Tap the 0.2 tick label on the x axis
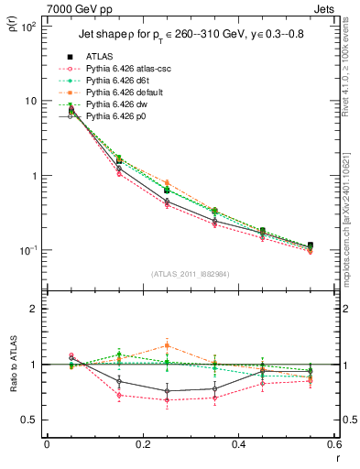click(x=142, y=443)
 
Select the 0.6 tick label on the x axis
click(x=333, y=443)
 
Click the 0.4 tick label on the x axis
click(x=237, y=443)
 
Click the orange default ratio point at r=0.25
click(x=166, y=345)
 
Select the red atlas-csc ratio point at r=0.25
click(x=166, y=400)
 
